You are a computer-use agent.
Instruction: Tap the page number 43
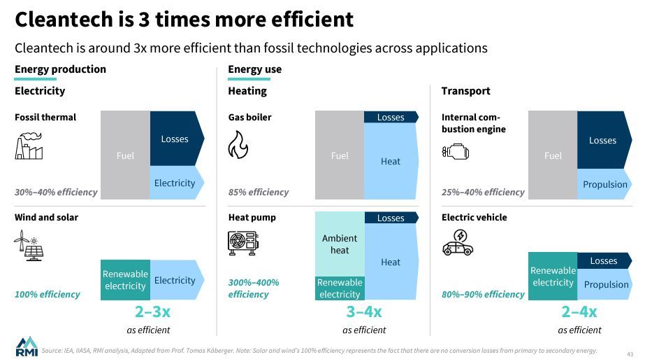629,353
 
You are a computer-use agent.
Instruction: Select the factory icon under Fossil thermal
29,147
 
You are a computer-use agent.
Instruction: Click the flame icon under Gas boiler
238,146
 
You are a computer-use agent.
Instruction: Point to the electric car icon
458,244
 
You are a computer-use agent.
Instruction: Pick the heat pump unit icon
242,242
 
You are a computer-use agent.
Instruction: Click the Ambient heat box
340,244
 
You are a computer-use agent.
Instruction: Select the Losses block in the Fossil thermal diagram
175,139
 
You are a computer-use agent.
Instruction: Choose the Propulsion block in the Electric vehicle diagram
605,284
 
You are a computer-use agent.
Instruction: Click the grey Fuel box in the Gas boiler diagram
340,155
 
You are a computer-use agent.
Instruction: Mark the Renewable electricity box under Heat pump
340,288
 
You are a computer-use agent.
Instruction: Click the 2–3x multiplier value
152,312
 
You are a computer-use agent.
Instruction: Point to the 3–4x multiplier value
364,312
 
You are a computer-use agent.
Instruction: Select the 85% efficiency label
259,192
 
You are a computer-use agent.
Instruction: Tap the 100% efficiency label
48,294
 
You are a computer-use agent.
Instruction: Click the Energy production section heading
61,69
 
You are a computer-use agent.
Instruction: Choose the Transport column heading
465,91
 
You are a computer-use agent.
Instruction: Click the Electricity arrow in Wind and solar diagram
175,280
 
